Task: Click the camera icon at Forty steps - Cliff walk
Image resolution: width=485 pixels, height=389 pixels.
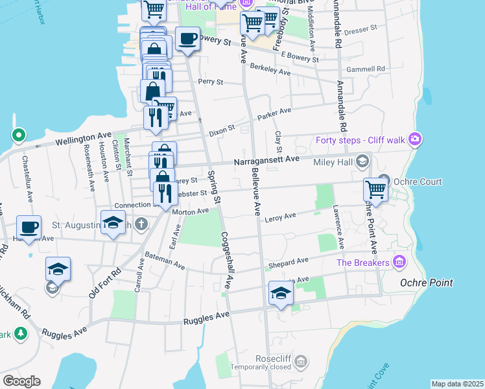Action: point(415,140)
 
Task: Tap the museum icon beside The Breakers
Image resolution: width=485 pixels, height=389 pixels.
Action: point(399,263)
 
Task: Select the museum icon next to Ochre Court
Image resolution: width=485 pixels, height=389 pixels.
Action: point(384,180)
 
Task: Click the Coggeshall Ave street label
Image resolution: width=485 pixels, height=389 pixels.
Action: point(228,260)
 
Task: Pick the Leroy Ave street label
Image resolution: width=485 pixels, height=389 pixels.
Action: point(280,216)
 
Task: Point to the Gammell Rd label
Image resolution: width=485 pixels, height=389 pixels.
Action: point(366,69)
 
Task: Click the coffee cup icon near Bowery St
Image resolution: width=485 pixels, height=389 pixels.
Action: point(187,38)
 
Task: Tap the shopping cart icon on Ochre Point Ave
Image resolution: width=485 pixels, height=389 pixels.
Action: point(375,189)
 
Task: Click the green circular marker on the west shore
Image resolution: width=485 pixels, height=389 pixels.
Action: point(19,136)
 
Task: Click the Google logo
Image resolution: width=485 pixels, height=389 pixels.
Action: point(21,381)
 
